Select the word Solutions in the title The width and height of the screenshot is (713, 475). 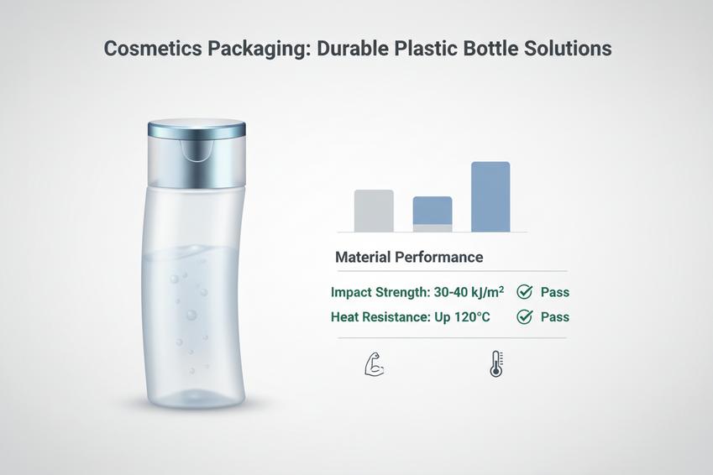[568, 49]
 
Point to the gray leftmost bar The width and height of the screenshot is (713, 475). [374, 211]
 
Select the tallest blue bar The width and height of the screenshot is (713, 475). [490, 196]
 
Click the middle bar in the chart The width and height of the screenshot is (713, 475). [433, 214]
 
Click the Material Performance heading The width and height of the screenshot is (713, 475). [409, 257]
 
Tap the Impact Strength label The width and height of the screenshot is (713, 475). [378, 293]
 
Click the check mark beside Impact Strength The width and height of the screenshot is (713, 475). [525, 292]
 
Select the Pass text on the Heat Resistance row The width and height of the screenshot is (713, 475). [555, 317]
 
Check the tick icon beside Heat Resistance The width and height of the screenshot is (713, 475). [525, 317]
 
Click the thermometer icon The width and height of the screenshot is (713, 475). [495, 364]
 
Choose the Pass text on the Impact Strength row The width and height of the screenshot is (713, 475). [555, 292]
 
